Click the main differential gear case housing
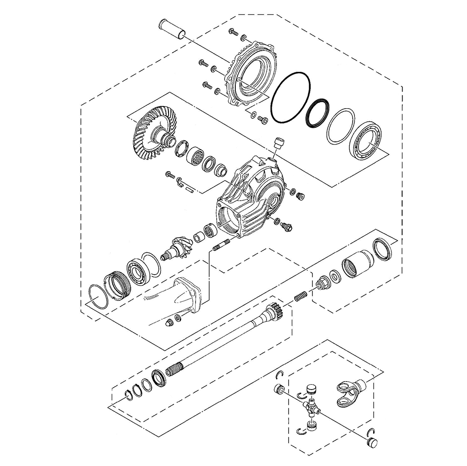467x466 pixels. point(250,196)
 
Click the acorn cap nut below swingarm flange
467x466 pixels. point(168,323)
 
